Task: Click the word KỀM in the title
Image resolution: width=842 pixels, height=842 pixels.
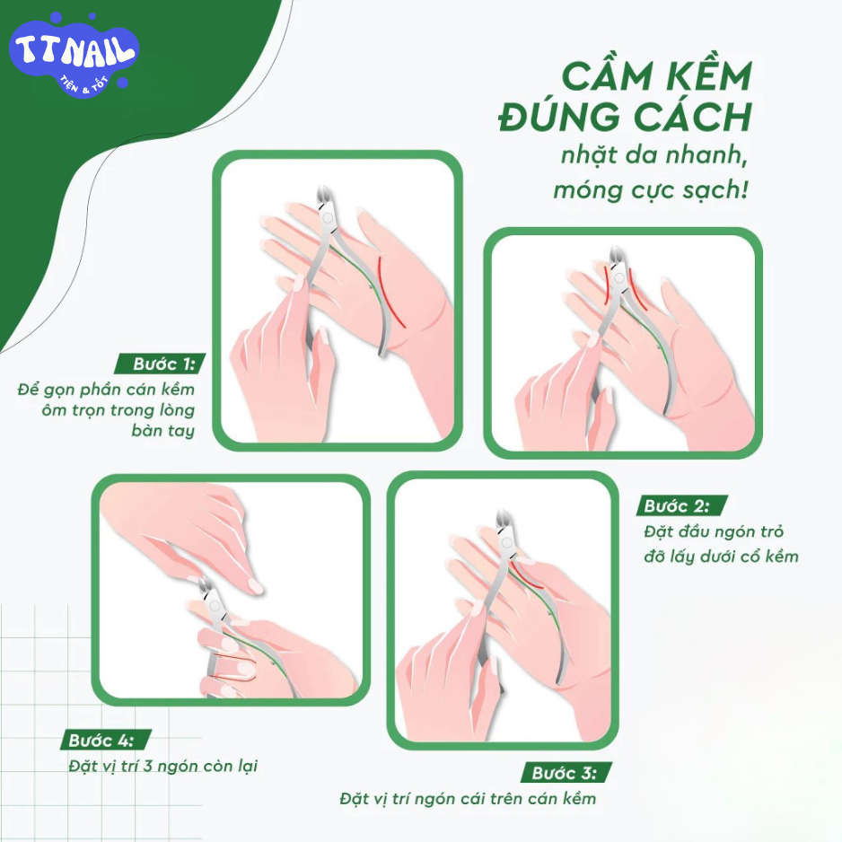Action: (x=709, y=76)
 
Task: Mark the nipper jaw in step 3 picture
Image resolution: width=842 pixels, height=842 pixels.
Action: (x=503, y=520)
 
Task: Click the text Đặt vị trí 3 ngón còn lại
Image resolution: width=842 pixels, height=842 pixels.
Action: (x=163, y=766)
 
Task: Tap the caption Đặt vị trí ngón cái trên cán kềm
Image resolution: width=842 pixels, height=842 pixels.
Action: (x=468, y=799)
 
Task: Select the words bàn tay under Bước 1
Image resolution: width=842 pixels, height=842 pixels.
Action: (x=162, y=431)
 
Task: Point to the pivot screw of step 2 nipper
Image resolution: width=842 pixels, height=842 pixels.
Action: (x=618, y=277)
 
